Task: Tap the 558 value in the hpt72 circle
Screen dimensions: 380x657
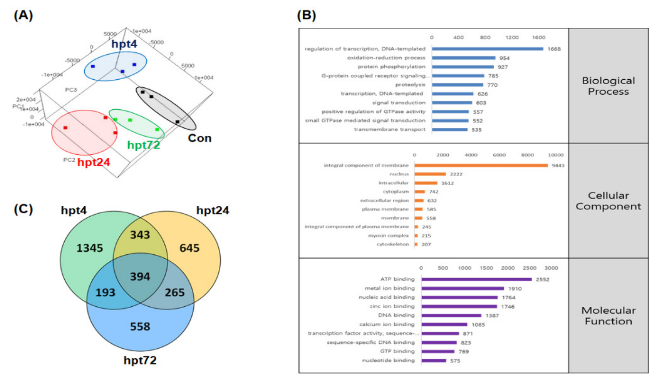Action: (140, 326)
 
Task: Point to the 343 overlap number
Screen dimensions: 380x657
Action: (140, 235)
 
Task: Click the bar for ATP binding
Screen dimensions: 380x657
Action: (476, 280)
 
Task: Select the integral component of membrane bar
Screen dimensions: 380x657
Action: (481, 165)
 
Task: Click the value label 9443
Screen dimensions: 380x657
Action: (558, 165)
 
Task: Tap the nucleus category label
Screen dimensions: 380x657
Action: (399, 174)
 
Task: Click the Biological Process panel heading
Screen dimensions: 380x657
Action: (608, 86)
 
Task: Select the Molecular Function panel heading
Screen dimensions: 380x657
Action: (608, 316)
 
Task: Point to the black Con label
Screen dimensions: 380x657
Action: (199, 138)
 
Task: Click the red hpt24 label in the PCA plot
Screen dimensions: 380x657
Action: (94, 162)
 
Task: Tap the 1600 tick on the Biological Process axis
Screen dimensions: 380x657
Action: (538, 38)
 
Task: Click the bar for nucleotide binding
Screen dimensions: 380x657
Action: (434, 361)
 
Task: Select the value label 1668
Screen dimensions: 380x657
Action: (554, 49)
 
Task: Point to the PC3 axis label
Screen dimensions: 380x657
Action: (71, 90)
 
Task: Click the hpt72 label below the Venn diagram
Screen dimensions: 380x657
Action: (140, 360)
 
